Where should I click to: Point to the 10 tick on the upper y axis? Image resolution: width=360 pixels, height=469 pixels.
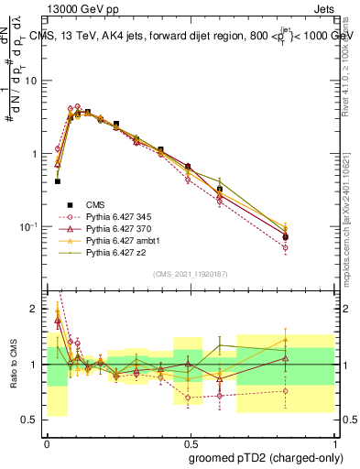(x=31, y=81)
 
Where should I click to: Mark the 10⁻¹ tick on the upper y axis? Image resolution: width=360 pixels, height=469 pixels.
(x=27, y=226)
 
